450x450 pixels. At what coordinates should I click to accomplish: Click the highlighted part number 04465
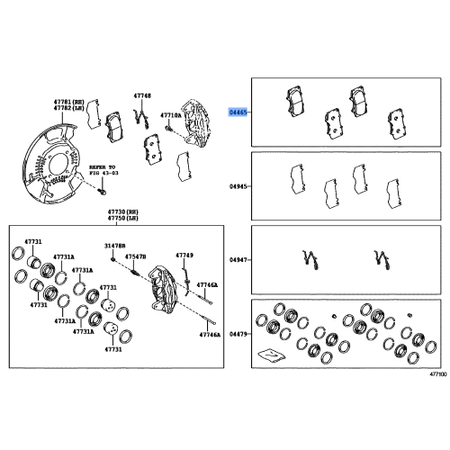point(236,112)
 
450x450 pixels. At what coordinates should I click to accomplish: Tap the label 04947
point(236,259)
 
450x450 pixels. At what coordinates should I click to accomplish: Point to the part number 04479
point(236,334)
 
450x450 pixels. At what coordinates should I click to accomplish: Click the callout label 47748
point(142,94)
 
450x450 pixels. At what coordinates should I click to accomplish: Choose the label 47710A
point(170,115)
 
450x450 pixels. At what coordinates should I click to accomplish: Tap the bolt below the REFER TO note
point(103,192)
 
